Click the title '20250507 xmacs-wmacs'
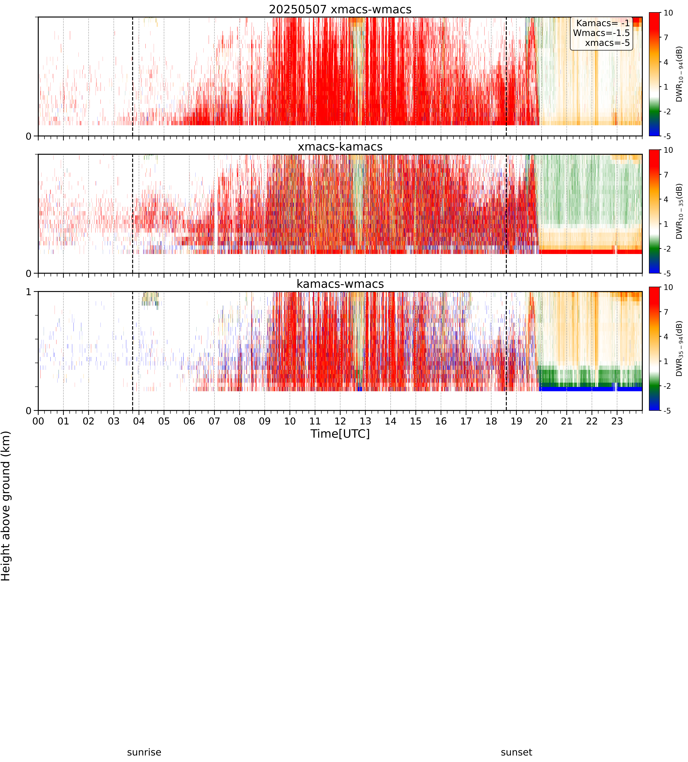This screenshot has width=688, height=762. coord(340,9)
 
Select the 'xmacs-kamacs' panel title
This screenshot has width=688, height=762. coord(340,147)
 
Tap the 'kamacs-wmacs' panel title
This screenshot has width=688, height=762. coord(340,284)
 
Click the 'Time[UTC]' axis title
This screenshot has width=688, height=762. coord(340,434)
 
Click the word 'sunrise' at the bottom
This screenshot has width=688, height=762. coord(144,752)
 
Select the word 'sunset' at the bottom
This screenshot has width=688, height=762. coord(516,752)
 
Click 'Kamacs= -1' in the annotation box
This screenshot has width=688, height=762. coord(603,23)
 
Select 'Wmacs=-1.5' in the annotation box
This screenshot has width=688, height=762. coord(601,33)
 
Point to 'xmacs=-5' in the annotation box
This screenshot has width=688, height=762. coord(607,43)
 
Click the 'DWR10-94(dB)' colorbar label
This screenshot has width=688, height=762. coord(679,74)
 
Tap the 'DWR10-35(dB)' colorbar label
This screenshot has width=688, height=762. coord(679,211)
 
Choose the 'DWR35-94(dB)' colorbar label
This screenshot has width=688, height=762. coord(679,349)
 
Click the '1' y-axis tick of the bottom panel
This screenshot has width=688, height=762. coord(29,292)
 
